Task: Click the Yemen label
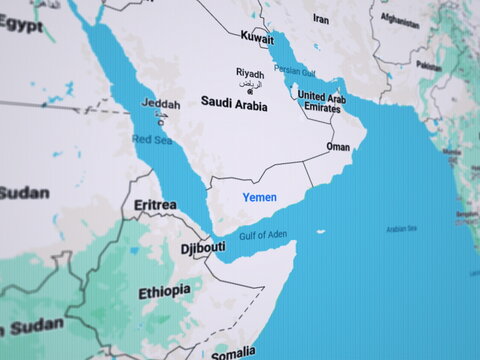259,198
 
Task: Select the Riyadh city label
250,73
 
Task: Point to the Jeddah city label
161,104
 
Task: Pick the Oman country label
338,147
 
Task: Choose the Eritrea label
155,205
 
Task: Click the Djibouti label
202,247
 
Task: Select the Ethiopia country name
164,291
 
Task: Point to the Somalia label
233,352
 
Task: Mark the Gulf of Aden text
262,235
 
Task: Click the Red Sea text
152,141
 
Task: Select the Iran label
320,19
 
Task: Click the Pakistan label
428,66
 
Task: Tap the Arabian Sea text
401,228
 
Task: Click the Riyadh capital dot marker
249,92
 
